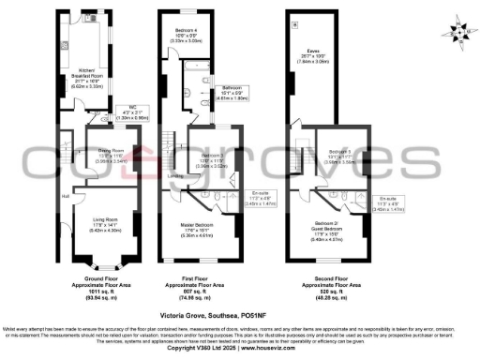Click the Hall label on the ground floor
click(x=66, y=196)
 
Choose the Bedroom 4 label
click(x=187, y=35)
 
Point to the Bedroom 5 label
click(x=339, y=150)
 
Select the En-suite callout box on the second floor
click(x=387, y=207)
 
